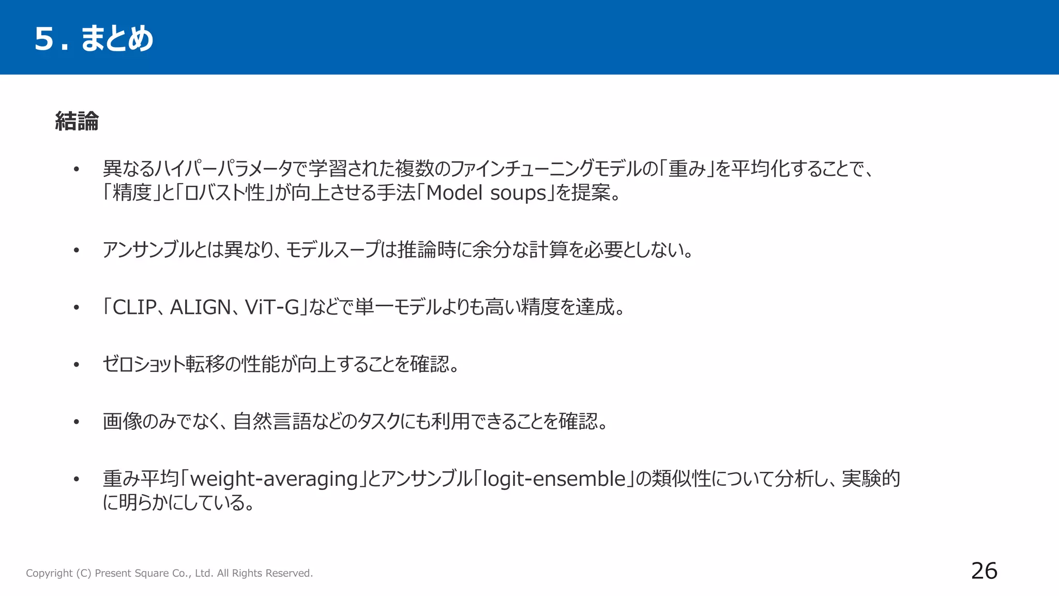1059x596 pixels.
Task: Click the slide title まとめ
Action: (117, 38)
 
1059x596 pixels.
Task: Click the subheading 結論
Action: (77, 122)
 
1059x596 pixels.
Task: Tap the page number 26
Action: (984, 571)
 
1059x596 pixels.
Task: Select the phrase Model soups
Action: (486, 193)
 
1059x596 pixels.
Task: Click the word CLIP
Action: (134, 307)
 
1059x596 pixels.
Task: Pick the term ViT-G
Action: (272, 307)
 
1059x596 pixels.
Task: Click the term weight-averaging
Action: (274, 479)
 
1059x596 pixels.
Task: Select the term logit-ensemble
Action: (554, 479)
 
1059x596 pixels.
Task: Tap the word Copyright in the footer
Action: (49, 573)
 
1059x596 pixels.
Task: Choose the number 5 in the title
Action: (44, 39)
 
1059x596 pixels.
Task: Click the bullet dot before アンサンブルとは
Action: (77, 250)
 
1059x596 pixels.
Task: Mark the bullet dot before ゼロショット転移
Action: (77, 365)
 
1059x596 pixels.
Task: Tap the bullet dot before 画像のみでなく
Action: (77, 422)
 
